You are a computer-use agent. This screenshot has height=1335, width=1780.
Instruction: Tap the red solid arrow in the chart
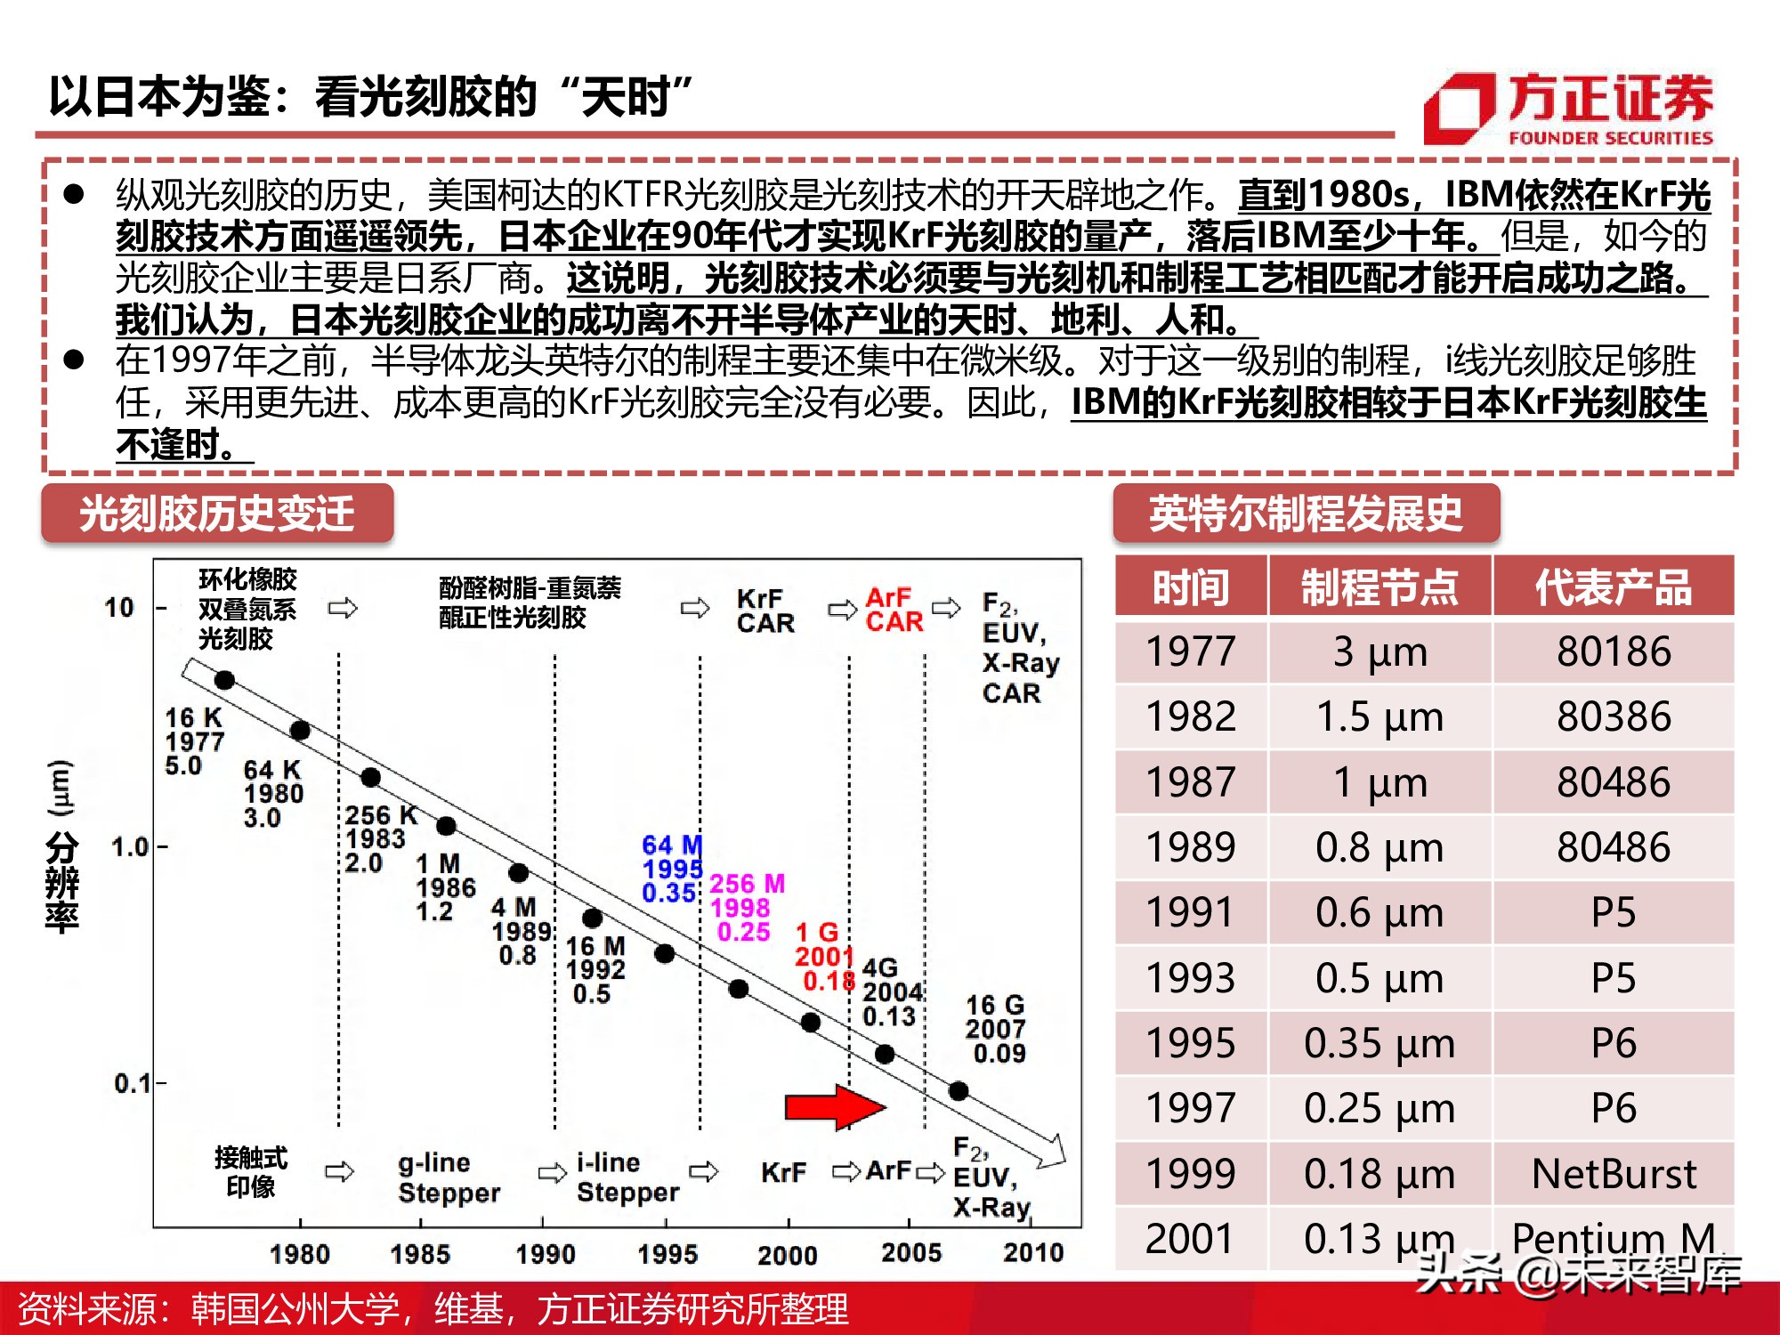point(833,1107)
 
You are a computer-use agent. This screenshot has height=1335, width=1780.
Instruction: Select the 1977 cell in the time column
point(1190,651)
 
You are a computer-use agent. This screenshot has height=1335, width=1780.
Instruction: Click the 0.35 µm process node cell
point(1379,1043)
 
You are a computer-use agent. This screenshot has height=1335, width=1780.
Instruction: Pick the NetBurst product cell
point(1613,1174)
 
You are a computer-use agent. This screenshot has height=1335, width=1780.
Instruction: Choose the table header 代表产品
point(1613,587)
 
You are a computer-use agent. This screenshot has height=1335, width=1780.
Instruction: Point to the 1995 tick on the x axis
point(667,1253)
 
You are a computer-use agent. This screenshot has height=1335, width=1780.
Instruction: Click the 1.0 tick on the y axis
point(130,846)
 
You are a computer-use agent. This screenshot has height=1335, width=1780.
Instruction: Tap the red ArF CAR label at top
point(894,610)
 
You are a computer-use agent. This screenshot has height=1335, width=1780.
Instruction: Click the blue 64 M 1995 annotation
point(672,869)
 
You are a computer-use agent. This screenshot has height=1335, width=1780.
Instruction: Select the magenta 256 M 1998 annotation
point(746,908)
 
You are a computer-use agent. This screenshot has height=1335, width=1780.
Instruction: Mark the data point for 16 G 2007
point(958,1091)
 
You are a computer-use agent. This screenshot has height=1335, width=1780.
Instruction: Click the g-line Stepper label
point(449,1177)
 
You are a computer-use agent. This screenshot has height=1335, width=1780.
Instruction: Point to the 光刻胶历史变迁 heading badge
point(217,514)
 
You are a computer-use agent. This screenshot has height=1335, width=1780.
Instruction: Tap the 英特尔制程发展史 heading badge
point(1305,514)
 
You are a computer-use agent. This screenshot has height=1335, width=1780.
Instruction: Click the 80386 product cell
point(1613,716)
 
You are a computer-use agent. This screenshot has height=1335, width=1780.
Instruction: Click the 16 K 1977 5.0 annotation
point(194,741)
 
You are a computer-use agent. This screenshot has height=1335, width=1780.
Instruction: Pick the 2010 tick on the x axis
point(1032,1253)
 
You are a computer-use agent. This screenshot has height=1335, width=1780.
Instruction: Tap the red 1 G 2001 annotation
point(822,957)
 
